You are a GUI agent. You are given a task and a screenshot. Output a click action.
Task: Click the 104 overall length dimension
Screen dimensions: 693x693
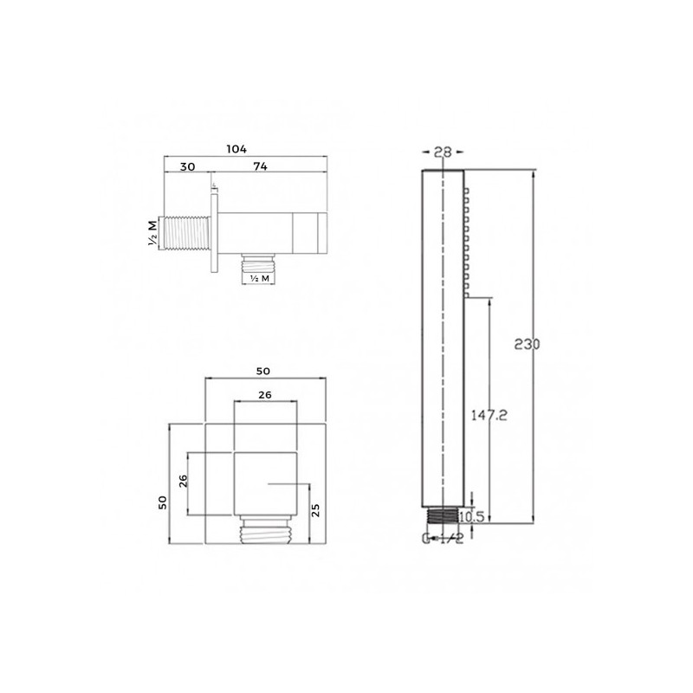236,149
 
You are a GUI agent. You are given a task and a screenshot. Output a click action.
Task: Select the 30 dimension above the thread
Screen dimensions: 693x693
187,166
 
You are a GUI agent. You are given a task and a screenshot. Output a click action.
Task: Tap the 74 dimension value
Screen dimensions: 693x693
261,166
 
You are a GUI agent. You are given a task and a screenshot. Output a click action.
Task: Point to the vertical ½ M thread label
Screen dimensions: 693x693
152,233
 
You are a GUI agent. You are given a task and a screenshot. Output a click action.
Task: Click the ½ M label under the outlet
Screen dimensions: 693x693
259,278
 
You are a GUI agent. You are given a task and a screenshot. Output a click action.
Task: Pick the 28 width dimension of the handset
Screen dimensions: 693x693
443,152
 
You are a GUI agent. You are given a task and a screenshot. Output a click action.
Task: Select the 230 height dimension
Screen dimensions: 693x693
527,344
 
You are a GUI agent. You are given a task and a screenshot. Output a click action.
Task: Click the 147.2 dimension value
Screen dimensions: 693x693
489,415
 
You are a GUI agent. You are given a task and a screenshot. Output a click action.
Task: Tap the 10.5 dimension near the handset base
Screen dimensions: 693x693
472,516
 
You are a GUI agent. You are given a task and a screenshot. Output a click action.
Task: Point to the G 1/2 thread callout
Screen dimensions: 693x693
443,538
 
